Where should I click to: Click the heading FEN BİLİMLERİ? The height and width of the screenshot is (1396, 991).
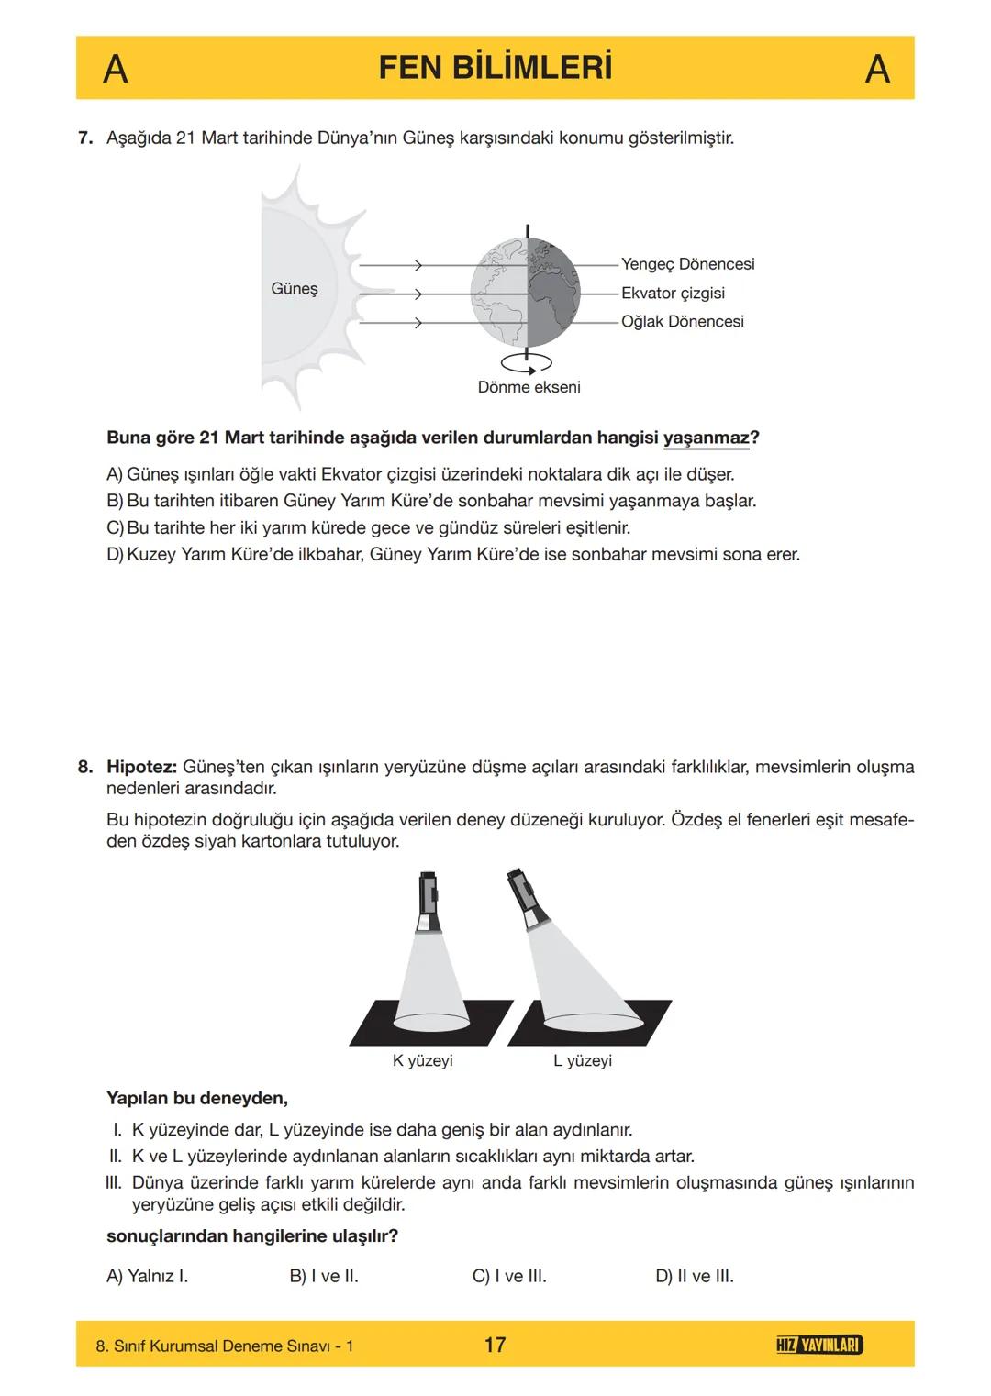click(495, 69)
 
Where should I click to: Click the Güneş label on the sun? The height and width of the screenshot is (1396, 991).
click(295, 289)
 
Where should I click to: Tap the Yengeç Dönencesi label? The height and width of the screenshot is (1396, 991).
click(687, 264)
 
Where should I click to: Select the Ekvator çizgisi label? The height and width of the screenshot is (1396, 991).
click(673, 293)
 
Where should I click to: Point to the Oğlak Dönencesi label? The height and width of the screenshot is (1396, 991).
click(682, 322)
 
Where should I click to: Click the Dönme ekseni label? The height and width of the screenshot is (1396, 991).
click(529, 387)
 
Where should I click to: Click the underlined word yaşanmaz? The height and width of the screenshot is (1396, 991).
click(706, 438)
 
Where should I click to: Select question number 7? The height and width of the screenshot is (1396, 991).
click(85, 138)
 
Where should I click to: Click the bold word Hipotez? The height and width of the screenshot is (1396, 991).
click(142, 767)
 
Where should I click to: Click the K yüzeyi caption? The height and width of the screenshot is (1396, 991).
click(422, 1061)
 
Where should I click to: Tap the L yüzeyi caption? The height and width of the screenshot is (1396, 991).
click(583, 1061)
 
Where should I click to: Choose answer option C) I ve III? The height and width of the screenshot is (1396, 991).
click(509, 1276)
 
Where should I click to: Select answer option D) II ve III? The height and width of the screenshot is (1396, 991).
click(695, 1276)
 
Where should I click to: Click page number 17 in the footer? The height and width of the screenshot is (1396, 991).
click(495, 1345)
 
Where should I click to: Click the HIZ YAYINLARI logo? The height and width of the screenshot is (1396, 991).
click(818, 1345)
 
